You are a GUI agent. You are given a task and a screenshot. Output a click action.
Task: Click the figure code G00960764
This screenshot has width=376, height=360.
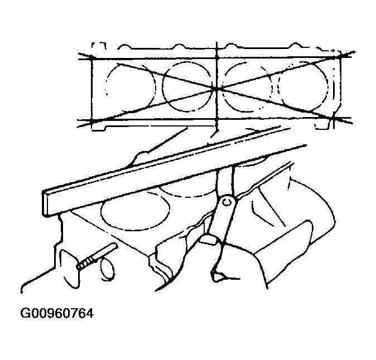(57, 314)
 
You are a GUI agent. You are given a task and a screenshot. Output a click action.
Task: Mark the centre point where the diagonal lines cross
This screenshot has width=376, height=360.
(217, 89)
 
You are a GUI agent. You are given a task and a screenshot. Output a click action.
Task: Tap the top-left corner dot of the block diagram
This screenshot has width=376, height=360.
(92, 57)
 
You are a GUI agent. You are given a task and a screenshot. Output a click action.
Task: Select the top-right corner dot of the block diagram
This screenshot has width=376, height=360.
(340, 56)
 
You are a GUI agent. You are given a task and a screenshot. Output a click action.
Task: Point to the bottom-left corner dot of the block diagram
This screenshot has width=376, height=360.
(92, 120)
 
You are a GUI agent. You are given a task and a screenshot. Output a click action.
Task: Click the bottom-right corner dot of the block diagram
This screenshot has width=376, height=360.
(333, 118)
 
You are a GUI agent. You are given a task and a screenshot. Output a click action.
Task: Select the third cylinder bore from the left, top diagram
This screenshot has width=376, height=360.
(247, 87)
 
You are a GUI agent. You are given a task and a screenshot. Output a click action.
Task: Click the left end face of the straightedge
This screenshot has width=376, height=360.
(46, 203)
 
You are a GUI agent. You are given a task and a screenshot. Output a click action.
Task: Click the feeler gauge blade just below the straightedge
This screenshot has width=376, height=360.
(225, 182)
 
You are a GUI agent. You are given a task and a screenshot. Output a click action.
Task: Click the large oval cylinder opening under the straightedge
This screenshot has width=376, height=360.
(136, 211)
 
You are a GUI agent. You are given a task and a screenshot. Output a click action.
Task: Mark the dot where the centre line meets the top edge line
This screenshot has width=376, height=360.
(217, 57)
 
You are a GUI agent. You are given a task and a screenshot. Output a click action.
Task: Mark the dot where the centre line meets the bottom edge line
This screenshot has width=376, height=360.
(217, 119)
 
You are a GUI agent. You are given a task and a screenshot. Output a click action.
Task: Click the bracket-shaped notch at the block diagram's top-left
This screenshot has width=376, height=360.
(99, 46)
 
